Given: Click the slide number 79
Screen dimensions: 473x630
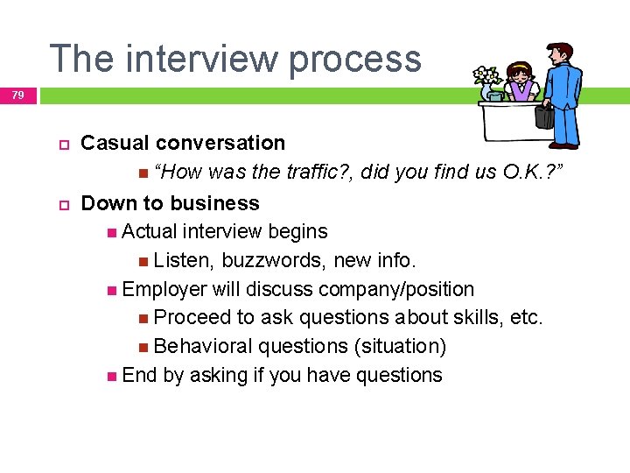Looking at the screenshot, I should pyautogui.click(x=18, y=95).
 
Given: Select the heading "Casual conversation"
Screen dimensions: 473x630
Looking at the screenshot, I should pyautogui.click(x=183, y=143).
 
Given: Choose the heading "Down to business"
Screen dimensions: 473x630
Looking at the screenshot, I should pyautogui.click(x=170, y=203).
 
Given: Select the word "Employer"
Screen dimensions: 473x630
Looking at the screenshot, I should pyautogui.click(x=164, y=289).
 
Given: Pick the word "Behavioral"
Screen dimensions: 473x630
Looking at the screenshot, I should pyautogui.click(x=201, y=346).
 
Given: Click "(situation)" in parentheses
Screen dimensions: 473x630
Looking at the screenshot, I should pyautogui.click(x=400, y=346).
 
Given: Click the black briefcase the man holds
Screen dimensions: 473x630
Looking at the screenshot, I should pyautogui.click(x=544, y=115).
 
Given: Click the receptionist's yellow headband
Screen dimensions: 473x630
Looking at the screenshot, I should pyautogui.click(x=520, y=65).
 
